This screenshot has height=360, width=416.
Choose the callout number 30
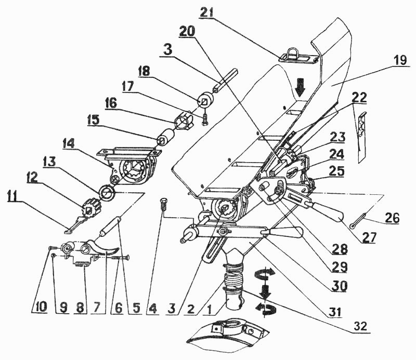click(343, 286)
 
